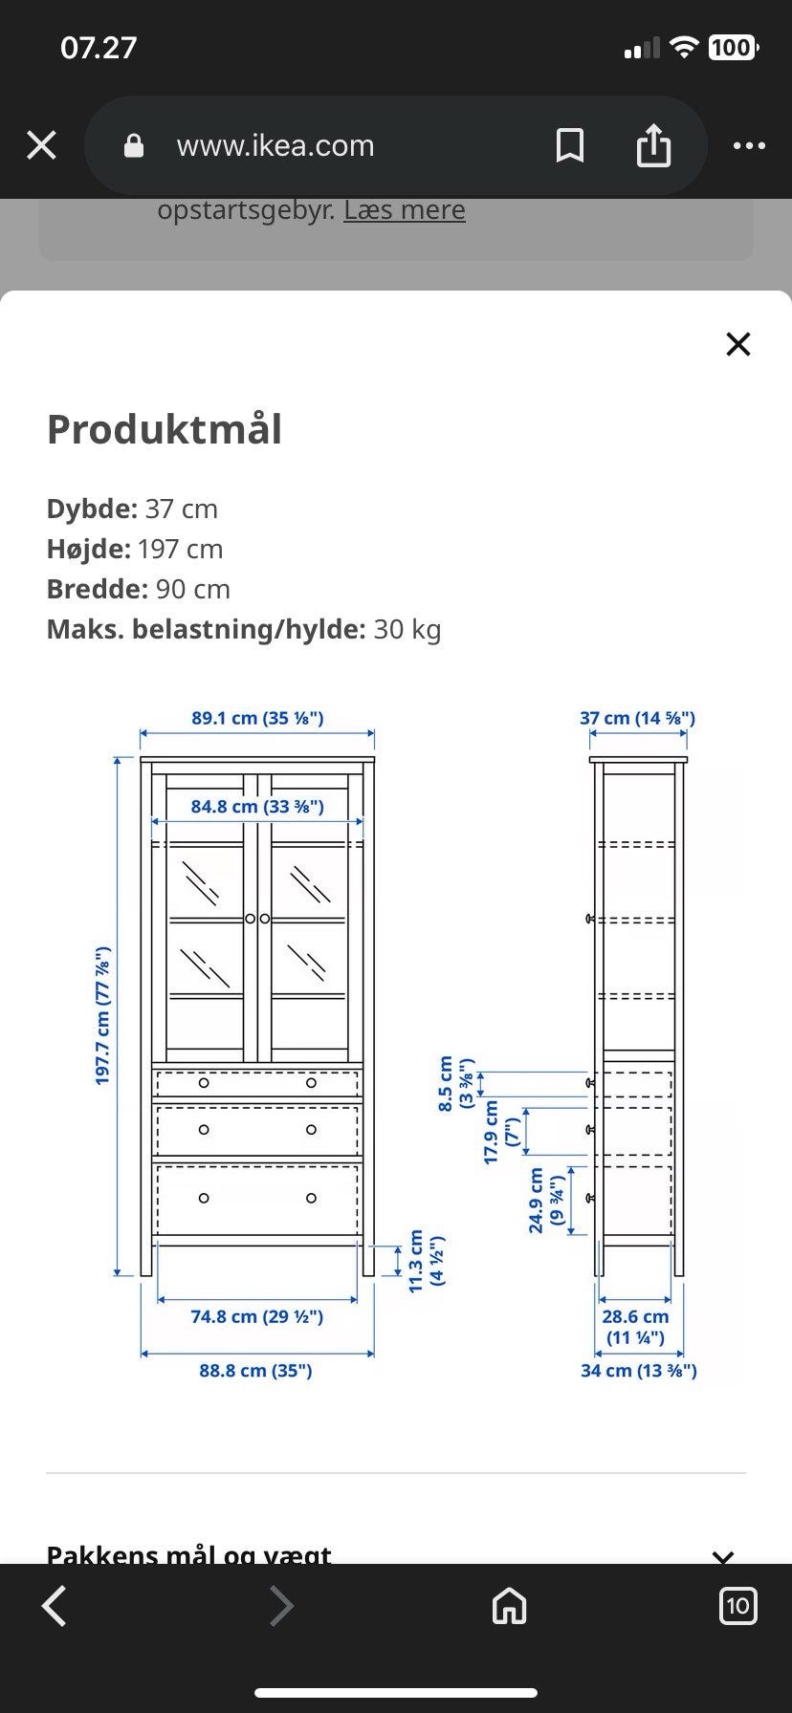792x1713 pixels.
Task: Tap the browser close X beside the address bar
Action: pyautogui.click(x=41, y=145)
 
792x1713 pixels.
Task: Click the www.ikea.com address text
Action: pyautogui.click(x=275, y=145)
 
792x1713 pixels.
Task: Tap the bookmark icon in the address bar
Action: pyautogui.click(x=570, y=145)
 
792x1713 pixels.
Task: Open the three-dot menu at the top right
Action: pyautogui.click(x=749, y=145)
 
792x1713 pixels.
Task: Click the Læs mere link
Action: pyautogui.click(x=405, y=210)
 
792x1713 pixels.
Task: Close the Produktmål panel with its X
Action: pyautogui.click(x=738, y=344)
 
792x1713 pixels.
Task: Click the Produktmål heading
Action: pyautogui.click(x=165, y=429)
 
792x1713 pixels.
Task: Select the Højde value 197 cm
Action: pyautogui.click(x=180, y=549)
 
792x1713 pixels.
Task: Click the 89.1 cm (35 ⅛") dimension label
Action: pyautogui.click(x=257, y=718)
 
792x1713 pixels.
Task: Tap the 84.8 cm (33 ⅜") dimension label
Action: pyautogui.click(x=257, y=806)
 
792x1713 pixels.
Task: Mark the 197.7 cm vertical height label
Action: pyautogui.click(x=102, y=1015)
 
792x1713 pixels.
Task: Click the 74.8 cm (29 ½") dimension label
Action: pyautogui.click(x=257, y=1316)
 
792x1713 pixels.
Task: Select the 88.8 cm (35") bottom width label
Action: pyautogui.click(x=255, y=1370)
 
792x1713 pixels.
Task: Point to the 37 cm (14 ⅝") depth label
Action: pyautogui.click(x=637, y=718)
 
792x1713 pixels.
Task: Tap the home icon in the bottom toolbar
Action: pyautogui.click(x=509, y=1606)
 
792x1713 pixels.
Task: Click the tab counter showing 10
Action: pyautogui.click(x=737, y=1606)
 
